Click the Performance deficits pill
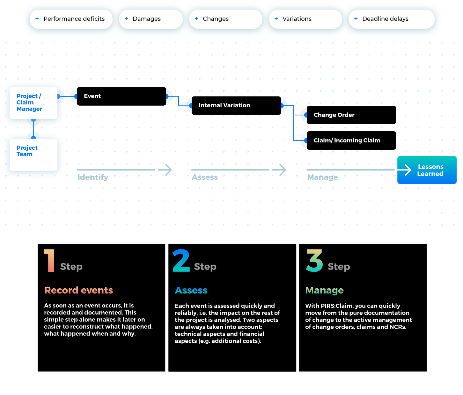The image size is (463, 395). point(71,19)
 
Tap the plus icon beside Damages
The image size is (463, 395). point(126,19)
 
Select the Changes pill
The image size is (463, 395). point(225,19)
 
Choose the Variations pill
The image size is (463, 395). point(305,19)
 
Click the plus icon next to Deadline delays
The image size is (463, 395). point(356,19)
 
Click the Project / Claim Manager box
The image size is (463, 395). point(33,103)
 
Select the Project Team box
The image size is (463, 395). point(33,155)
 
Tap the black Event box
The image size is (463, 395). point(121,96)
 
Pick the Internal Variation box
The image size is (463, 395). point(236,105)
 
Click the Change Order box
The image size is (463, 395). point(351,115)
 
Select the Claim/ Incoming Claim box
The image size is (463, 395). point(351,141)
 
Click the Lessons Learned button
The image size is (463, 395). point(427,170)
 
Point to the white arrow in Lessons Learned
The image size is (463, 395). point(405,170)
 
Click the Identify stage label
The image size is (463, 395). point(93,178)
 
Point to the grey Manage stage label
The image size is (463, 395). point(322,178)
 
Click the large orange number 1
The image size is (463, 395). point(50,261)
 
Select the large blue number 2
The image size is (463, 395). point(181,261)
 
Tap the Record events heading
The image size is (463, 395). point(78,290)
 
